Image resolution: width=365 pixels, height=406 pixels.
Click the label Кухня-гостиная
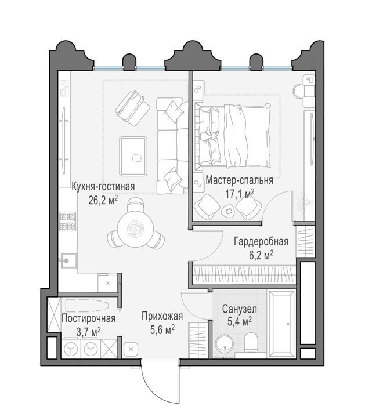[103, 187]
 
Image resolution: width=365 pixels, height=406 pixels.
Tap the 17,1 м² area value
[240, 193]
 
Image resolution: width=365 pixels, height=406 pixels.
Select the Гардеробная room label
[261, 242]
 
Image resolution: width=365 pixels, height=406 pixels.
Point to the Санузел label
[240, 309]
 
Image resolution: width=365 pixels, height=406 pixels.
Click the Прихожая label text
[162, 317]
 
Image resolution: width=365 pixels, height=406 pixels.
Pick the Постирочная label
[88, 318]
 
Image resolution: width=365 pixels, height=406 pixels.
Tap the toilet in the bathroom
[251, 342]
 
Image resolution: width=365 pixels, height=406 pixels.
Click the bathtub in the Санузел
[281, 324]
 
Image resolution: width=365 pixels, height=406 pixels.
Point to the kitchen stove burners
[68, 222]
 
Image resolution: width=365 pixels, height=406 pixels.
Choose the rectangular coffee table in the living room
[133, 157]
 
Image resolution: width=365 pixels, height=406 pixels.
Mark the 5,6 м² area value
[162, 329]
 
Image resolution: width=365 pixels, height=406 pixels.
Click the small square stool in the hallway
[131, 350]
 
